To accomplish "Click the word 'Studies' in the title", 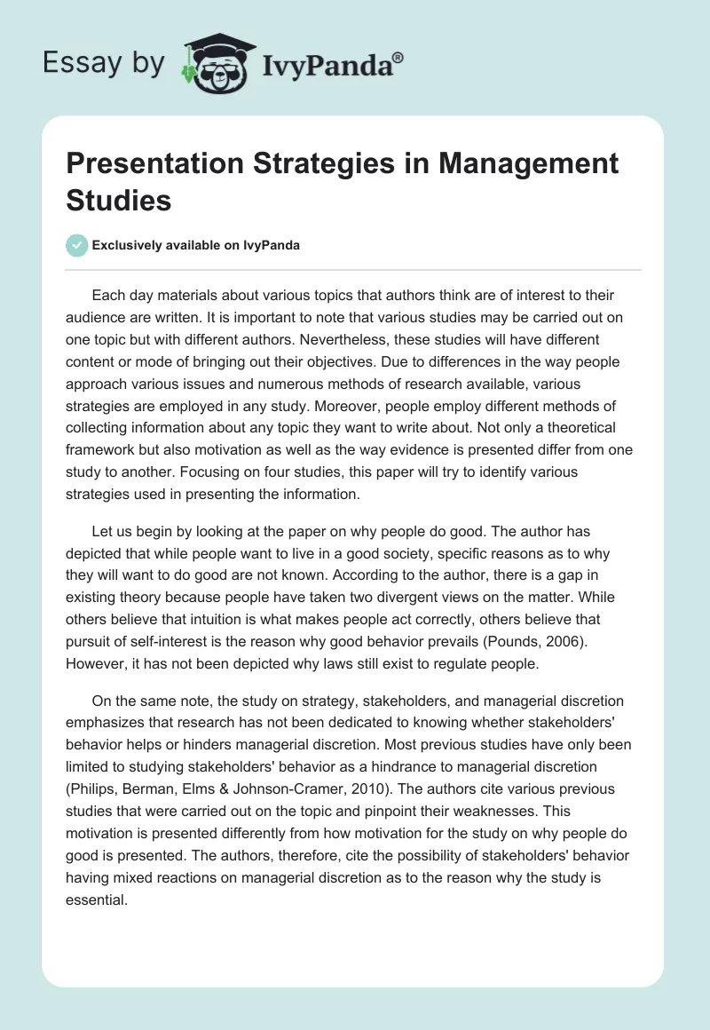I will click(119, 200).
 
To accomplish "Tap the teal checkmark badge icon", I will click(77, 245).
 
